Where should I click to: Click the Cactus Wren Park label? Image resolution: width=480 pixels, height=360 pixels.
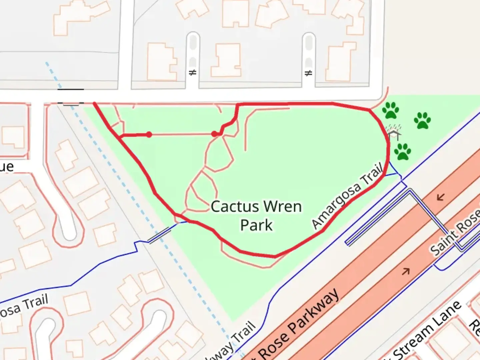256,215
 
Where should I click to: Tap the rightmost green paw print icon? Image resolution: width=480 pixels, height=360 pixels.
422,120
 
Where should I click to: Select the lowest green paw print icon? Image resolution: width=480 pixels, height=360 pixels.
403,152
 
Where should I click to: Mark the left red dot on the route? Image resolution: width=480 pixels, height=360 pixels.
149,134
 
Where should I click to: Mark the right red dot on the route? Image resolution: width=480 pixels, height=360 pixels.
214,134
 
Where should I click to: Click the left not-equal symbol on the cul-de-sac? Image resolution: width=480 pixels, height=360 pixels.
193,72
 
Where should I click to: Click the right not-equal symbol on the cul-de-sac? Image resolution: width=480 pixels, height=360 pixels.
309,73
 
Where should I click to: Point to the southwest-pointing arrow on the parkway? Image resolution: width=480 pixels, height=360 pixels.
441,197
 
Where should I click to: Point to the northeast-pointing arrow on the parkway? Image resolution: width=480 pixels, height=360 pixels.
406,271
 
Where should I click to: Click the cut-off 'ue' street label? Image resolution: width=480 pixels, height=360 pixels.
7,167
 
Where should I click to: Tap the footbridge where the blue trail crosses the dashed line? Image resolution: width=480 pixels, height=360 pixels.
159,236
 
